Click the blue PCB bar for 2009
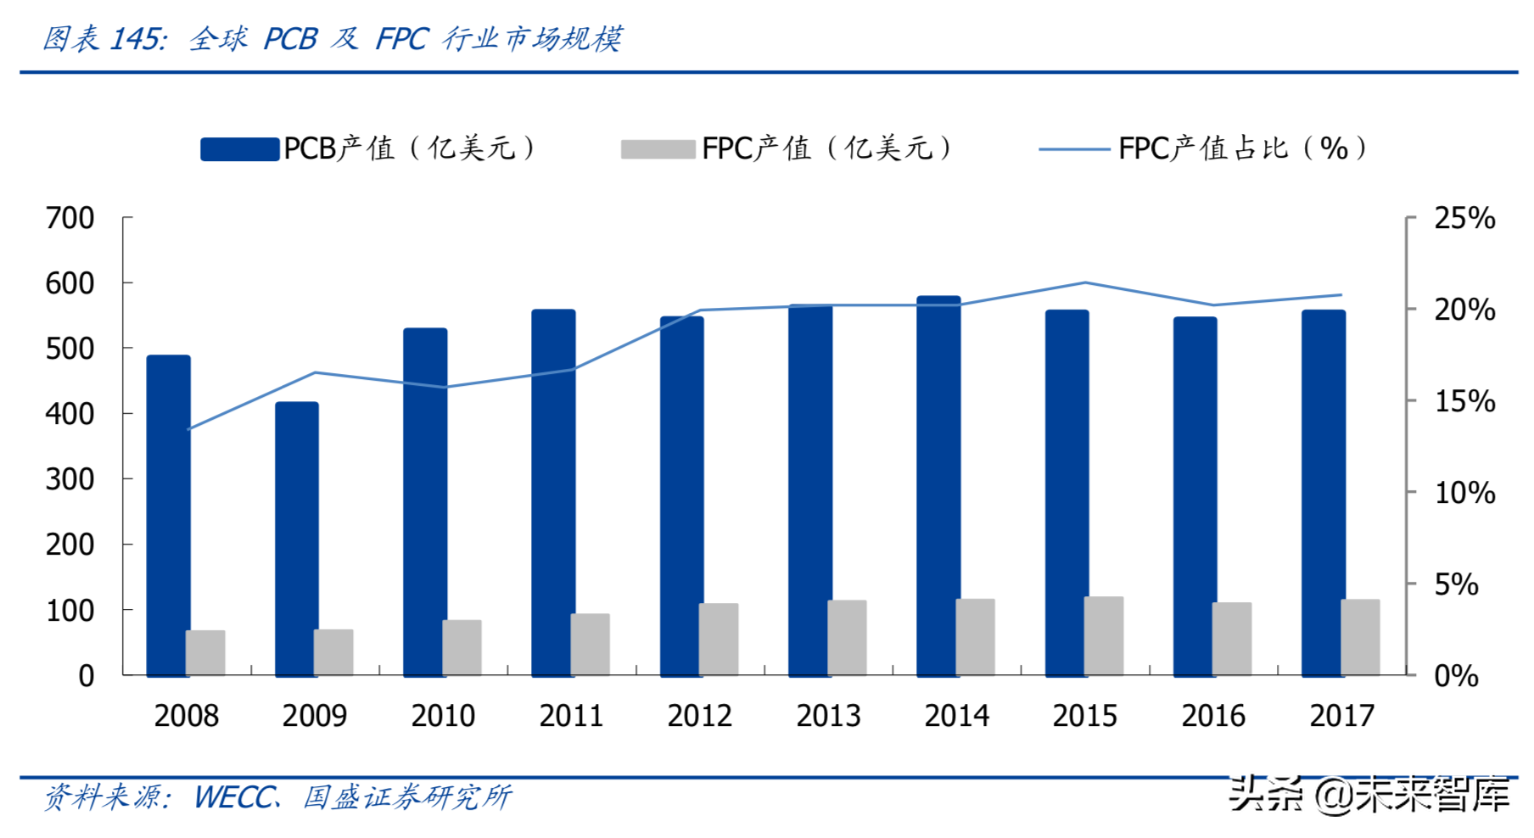tap(296, 539)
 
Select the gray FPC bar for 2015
tap(1104, 636)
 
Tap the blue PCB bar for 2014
tap(938, 485)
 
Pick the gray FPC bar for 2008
tap(205, 652)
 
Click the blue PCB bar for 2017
tap(1323, 492)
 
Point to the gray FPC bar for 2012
tap(719, 640)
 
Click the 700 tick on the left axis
tap(70, 219)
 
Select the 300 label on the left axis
tap(70, 480)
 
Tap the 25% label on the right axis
tap(1464, 219)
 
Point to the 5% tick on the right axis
tap(1456, 584)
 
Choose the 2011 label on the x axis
tap(571, 717)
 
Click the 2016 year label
tap(1213, 717)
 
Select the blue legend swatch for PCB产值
tap(239, 149)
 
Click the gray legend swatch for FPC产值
tap(658, 149)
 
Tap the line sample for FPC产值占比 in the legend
tap(1074, 149)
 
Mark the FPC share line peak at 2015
tap(1085, 282)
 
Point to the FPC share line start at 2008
tap(188, 429)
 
